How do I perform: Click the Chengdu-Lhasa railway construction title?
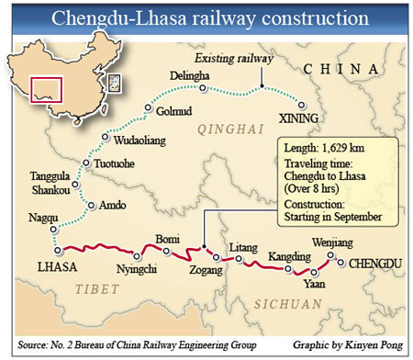(206, 19)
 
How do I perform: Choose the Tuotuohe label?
(116, 164)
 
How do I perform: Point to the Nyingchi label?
(131, 269)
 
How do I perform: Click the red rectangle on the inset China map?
(45, 89)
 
